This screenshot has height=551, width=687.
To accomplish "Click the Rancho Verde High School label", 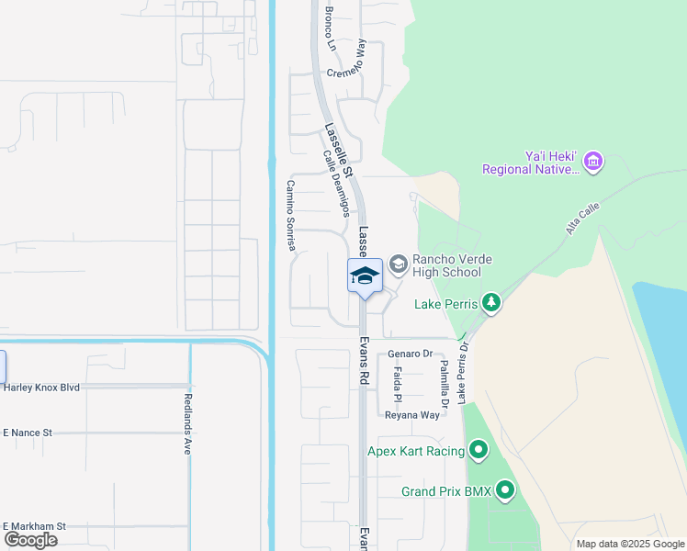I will [446, 265].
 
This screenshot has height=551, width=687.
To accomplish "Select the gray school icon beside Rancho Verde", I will [399, 265].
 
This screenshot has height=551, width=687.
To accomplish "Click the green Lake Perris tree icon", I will [491, 303].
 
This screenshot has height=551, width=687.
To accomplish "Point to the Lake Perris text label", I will [446, 303].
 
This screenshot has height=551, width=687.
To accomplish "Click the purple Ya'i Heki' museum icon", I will [593, 163].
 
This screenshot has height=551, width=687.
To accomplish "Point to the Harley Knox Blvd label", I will [41, 387].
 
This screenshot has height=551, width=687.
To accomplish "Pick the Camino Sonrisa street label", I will [290, 215].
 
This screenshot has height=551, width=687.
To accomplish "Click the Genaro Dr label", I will [410, 354].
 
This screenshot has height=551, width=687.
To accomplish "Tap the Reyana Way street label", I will [413, 414].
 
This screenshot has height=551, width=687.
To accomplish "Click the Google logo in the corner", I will [30, 540].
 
